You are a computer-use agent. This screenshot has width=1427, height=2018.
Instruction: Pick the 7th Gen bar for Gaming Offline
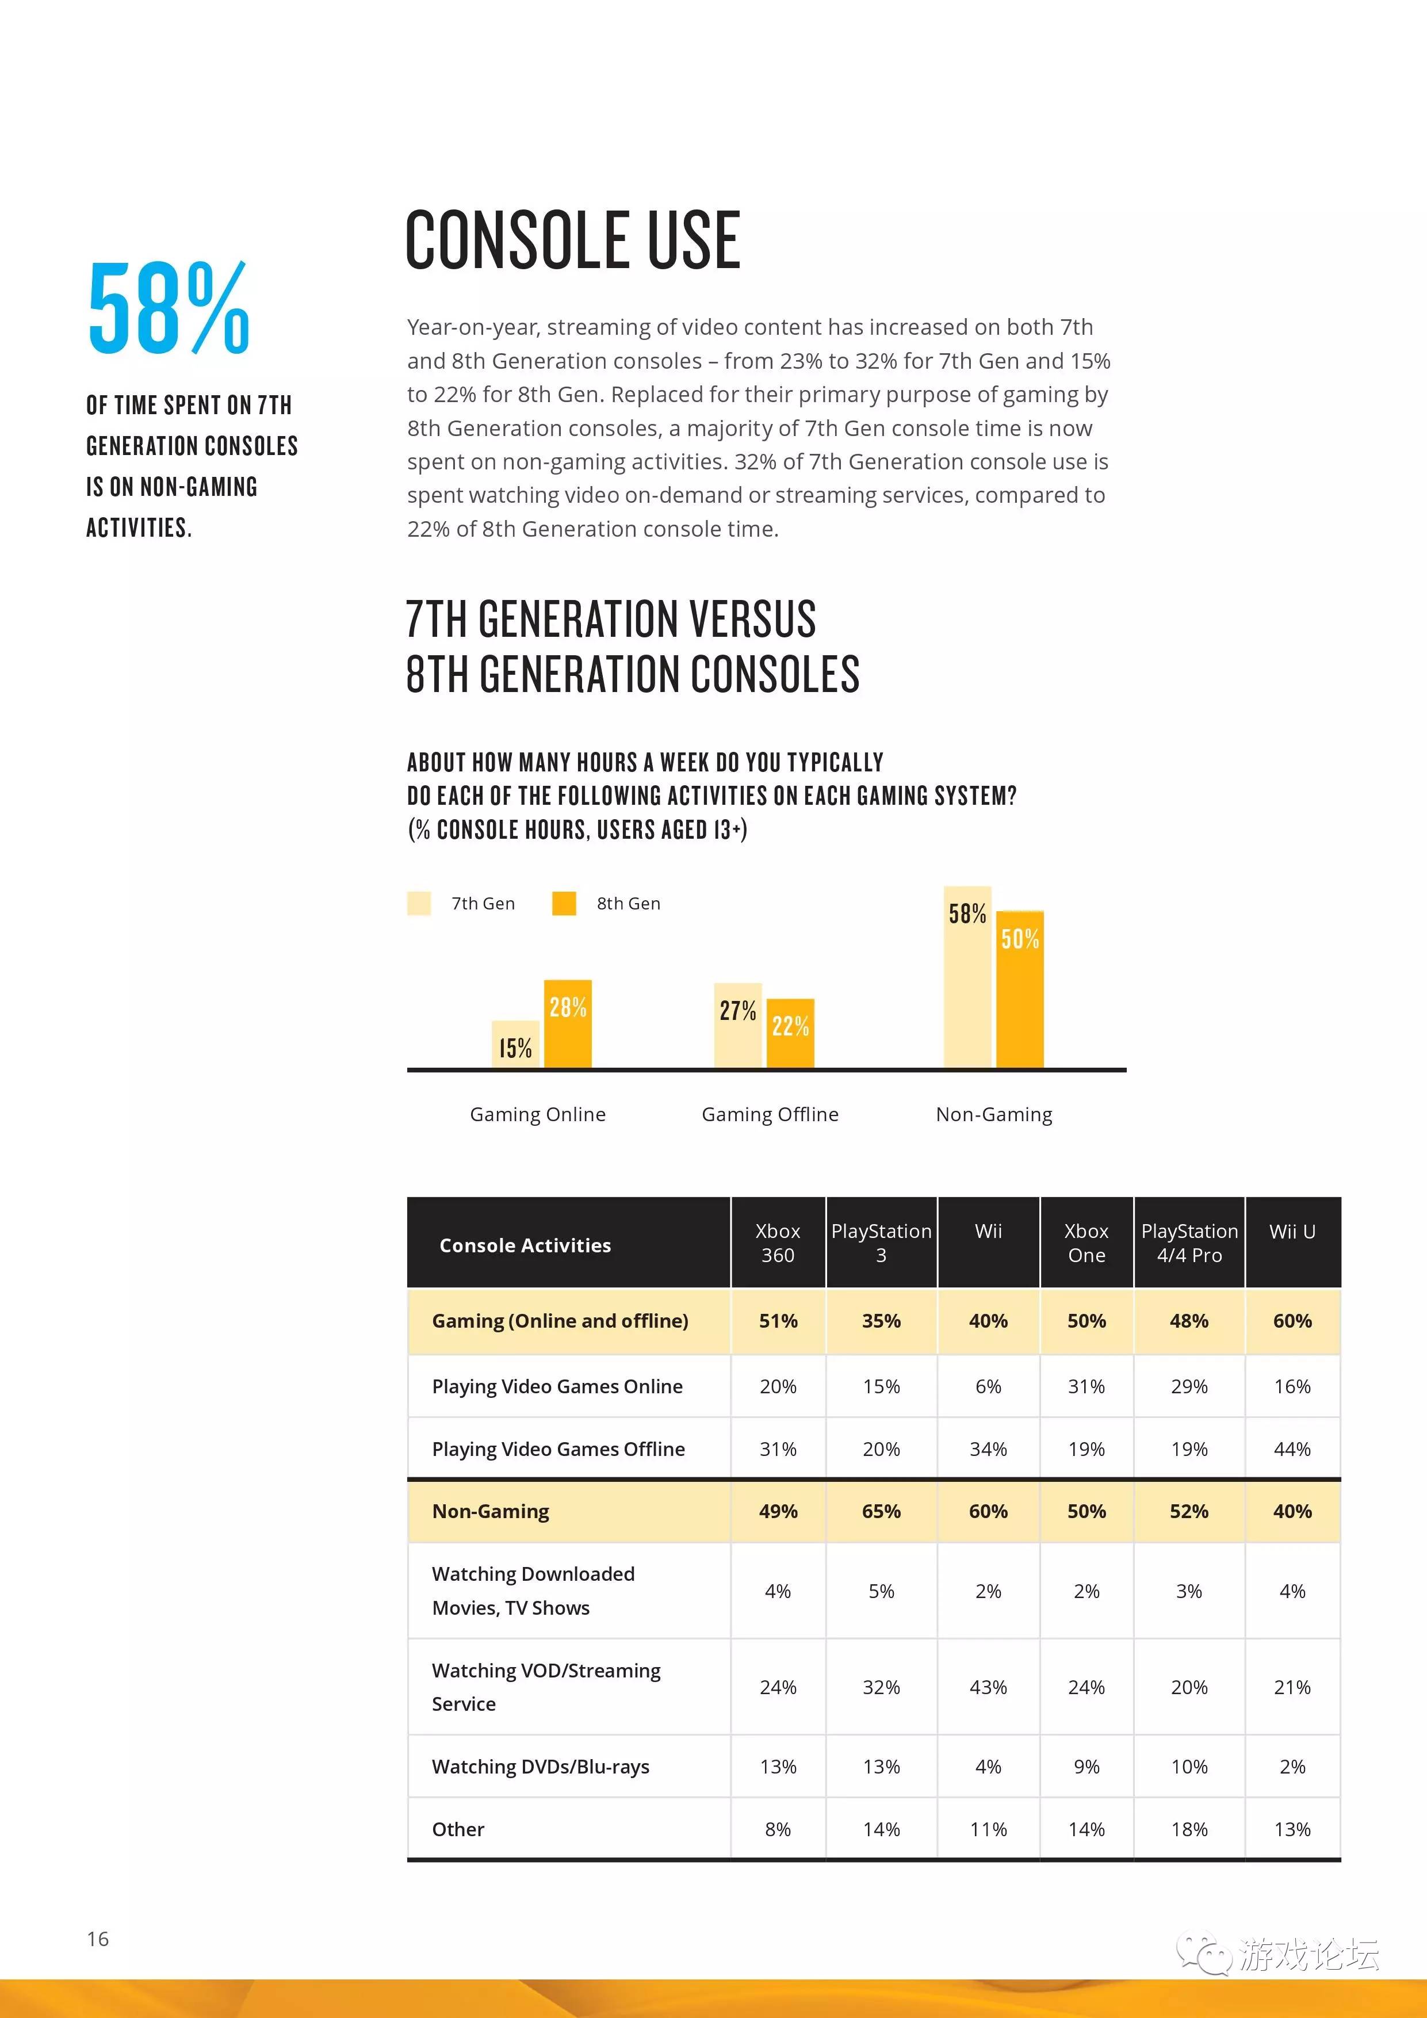click(737, 1025)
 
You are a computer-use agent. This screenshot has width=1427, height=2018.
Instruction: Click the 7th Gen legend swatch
click(419, 904)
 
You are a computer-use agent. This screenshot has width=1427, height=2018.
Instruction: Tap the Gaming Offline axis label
click(770, 1114)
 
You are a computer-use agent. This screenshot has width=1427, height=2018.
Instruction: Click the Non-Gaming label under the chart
click(994, 1114)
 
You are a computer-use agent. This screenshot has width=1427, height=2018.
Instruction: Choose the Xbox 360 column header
click(778, 1243)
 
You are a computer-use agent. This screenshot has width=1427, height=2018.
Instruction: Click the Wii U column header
click(1292, 1232)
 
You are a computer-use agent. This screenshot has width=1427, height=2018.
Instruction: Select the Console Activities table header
click(526, 1245)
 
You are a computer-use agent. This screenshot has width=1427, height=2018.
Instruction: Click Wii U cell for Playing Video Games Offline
click(1292, 1448)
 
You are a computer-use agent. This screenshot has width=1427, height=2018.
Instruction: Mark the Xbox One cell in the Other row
click(1087, 1829)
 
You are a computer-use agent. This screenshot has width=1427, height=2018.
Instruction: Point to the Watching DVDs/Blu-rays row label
click(541, 1767)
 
